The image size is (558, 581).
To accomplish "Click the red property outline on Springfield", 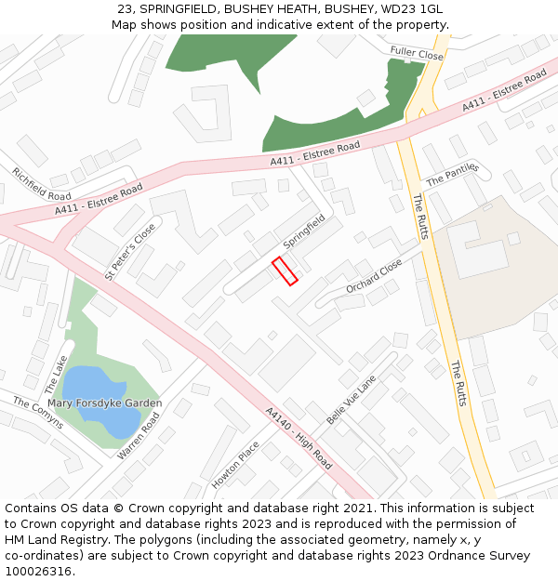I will point(285,271).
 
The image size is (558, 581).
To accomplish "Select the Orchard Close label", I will point(374,276).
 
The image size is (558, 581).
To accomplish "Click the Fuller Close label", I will point(417,54).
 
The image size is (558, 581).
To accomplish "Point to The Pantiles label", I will point(451,173).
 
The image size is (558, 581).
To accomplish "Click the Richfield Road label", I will point(41,183).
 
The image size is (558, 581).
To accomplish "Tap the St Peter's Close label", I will point(130,251).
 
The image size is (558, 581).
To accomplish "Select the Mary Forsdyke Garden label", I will point(105,403).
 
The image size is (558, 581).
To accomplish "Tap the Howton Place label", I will point(235,465).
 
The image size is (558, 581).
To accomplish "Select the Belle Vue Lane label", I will point(351,400).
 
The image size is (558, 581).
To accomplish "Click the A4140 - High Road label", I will point(298,438).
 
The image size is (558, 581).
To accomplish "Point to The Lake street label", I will point(56,373).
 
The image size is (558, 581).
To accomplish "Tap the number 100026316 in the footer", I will point(37,572).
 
